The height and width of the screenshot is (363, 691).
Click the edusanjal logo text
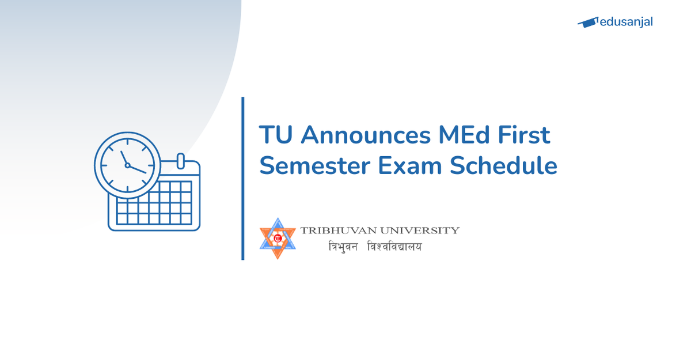pyautogui.click(x=626, y=22)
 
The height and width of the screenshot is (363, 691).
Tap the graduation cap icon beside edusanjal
pyautogui.click(x=587, y=22)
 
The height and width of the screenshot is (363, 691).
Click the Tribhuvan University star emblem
pyautogui.click(x=278, y=238)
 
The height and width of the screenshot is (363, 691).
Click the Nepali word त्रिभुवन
pyautogui.click(x=343, y=247)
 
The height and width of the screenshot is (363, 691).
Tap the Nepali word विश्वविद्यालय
pyautogui.click(x=394, y=247)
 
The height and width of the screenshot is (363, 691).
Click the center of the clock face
pyautogui.click(x=127, y=165)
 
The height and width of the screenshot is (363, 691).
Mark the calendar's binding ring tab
pyautogui.click(x=180, y=161)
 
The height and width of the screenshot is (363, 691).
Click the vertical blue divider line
pyautogui.click(x=243, y=179)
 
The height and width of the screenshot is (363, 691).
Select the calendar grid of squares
pyautogui.click(x=154, y=203)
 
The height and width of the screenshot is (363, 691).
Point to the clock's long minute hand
pyautogui.click(x=138, y=169)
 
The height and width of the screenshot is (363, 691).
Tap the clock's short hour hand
pyautogui.click(x=124, y=157)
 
